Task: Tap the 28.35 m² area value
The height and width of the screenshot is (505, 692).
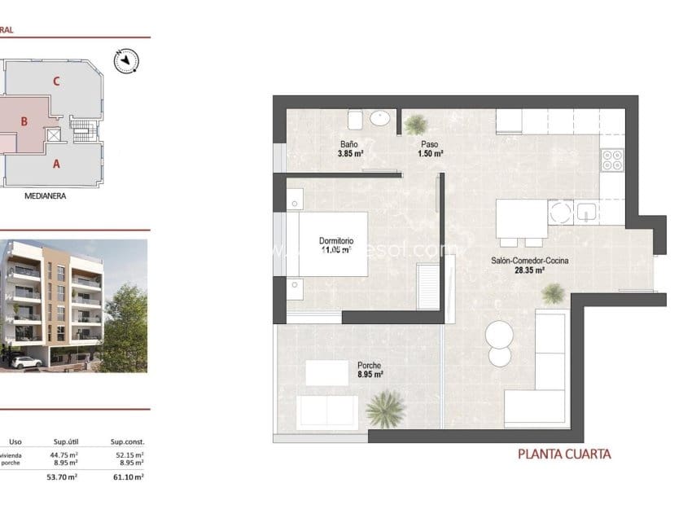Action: tap(529, 271)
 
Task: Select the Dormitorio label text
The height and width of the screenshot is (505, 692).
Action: tap(336, 241)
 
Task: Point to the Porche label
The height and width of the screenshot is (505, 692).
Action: tap(370, 366)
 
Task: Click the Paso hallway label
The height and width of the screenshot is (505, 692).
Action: tap(429, 144)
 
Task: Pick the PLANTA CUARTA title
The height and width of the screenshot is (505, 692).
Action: tap(564, 455)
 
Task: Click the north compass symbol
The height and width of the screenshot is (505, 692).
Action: tap(126, 59)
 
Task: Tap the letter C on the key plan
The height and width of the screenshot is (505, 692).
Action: tap(56, 81)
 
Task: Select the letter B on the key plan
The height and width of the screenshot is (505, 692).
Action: tap(24, 121)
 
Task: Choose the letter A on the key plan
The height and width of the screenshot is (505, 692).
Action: tap(56, 163)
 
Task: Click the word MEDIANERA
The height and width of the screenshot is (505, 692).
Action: tap(45, 196)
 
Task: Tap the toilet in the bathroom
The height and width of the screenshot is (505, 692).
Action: tap(355, 120)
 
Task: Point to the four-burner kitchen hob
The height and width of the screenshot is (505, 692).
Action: tap(611, 160)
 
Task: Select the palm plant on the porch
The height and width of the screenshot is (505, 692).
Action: tap(385, 409)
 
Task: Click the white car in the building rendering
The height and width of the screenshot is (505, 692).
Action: tap(27, 361)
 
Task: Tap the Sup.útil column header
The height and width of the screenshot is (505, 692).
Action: tap(65, 441)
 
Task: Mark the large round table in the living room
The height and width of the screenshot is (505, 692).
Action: tap(498, 335)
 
